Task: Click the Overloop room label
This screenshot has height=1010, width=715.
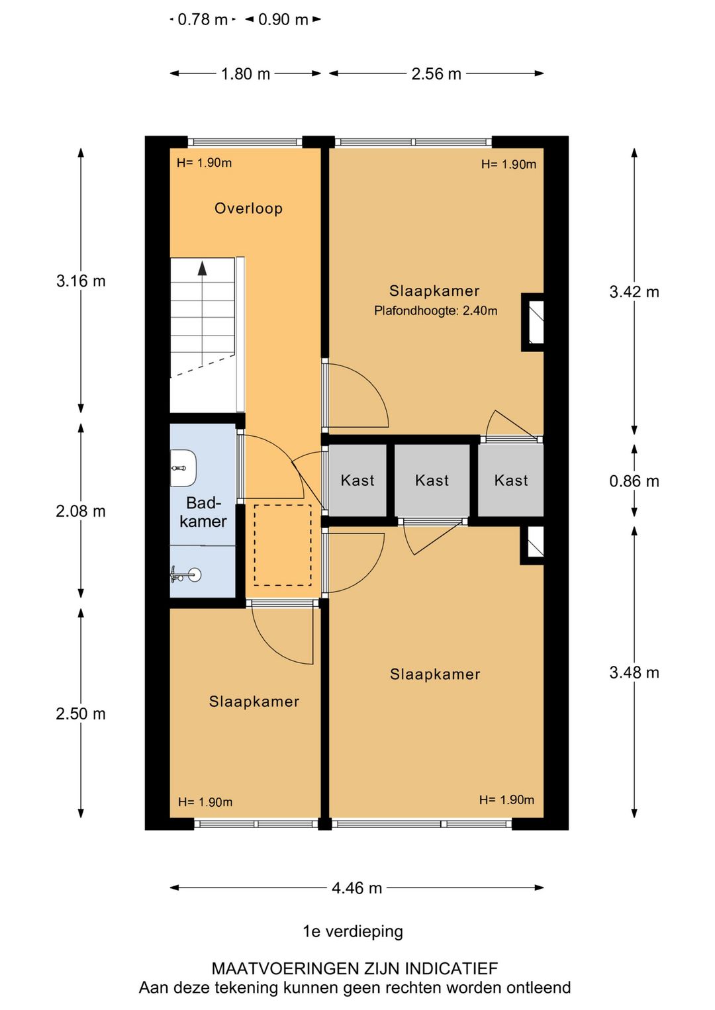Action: click(x=248, y=208)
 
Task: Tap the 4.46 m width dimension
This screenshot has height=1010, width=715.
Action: click(x=357, y=888)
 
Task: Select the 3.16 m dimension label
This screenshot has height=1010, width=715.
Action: click(x=81, y=281)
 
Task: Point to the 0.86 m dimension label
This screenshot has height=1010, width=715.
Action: click(x=634, y=481)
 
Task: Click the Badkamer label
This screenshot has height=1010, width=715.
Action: click(x=203, y=512)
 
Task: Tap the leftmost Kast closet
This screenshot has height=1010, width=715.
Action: click(x=358, y=481)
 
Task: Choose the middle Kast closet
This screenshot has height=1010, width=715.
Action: click(x=432, y=481)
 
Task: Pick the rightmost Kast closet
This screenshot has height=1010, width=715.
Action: click(x=511, y=481)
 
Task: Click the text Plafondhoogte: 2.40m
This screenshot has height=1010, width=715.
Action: click(x=436, y=310)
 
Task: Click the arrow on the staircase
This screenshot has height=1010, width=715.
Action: click(x=202, y=268)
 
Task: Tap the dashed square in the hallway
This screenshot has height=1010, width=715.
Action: click(x=283, y=545)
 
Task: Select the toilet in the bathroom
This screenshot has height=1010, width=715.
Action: click(x=183, y=467)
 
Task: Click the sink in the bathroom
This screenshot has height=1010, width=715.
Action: click(x=187, y=574)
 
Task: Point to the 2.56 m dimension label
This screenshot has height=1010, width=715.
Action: click(x=436, y=73)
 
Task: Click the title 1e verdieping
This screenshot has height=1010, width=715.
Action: click(x=353, y=931)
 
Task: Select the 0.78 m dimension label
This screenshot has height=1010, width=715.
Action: click(x=202, y=20)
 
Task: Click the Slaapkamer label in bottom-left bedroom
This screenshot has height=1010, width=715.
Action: click(x=254, y=702)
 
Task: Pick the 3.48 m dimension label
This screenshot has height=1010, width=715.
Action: click(x=634, y=672)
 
